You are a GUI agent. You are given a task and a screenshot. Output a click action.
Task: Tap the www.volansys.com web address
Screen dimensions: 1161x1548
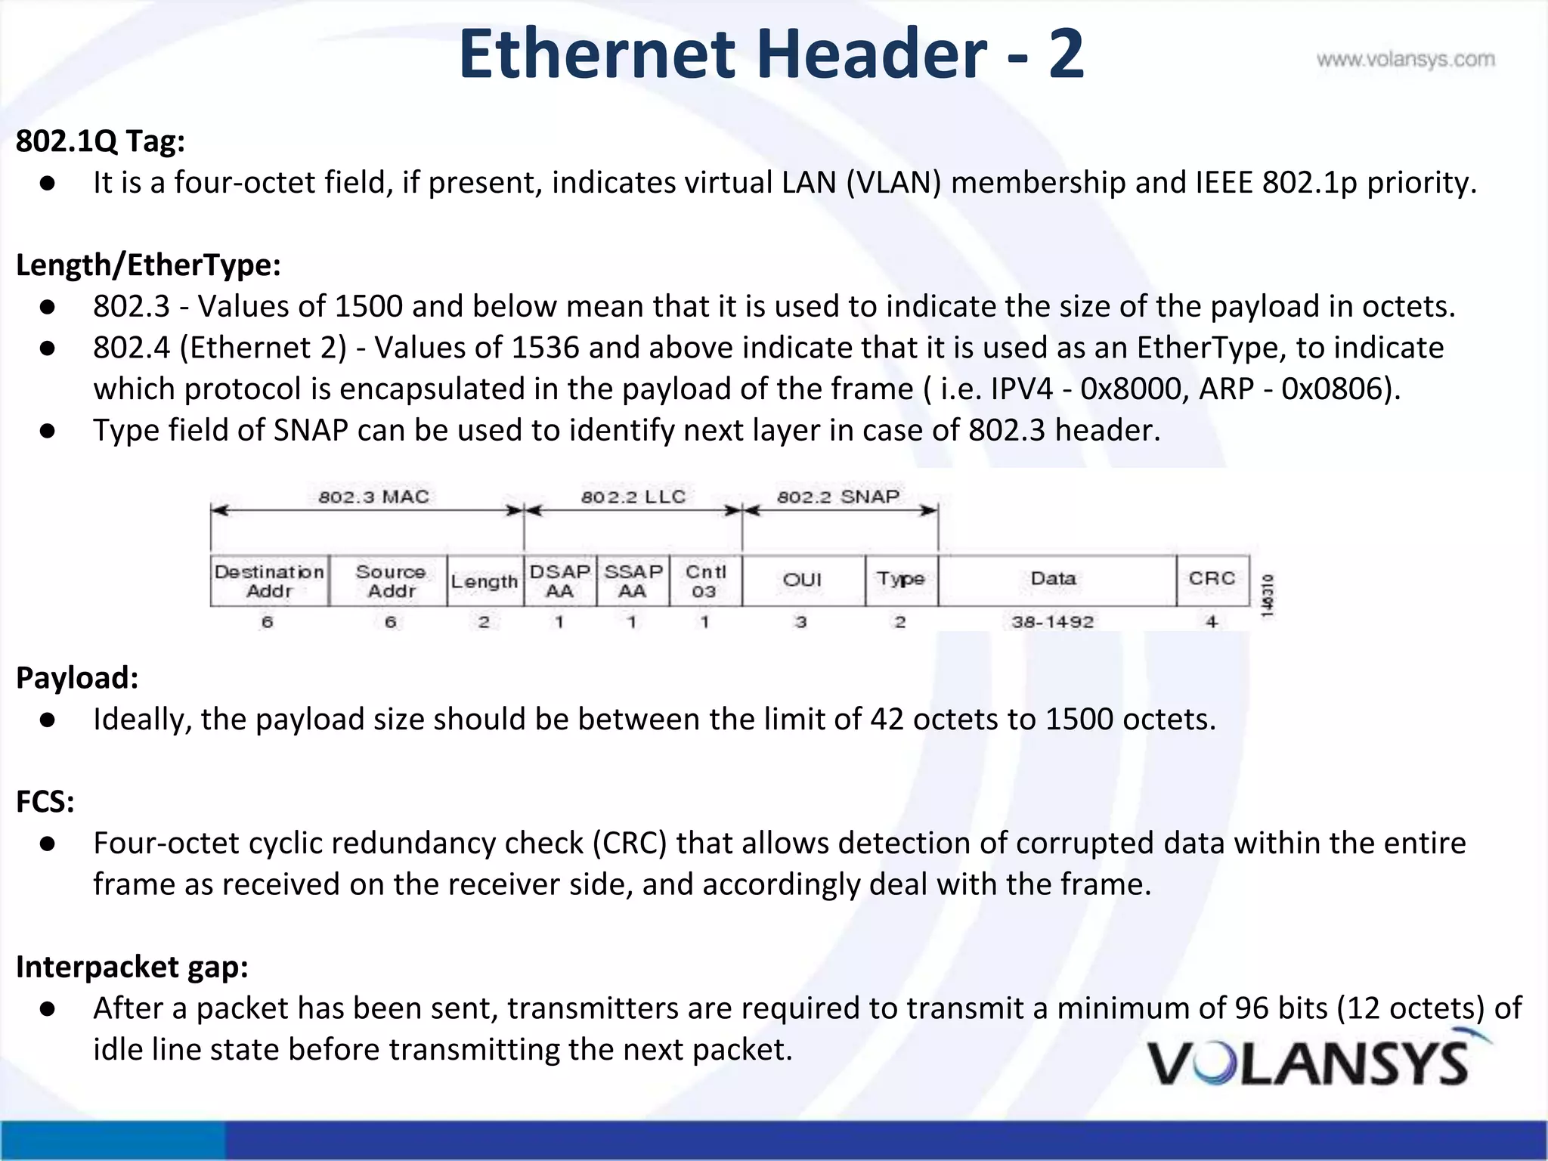coord(1405,60)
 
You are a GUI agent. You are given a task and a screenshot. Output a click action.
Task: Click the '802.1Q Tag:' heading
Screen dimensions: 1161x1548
coord(101,141)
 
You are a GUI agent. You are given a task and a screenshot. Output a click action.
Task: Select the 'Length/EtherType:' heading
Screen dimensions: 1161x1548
coord(148,265)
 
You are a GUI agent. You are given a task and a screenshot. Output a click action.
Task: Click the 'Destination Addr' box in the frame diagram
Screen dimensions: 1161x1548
coord(270,581)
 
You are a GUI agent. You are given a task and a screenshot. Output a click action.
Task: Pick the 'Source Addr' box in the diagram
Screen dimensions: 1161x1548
coord(389,581)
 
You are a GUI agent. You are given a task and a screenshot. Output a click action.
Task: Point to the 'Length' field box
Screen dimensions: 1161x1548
coord(485,581)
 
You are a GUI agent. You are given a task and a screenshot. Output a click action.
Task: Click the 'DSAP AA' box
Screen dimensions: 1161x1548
coord(559,581)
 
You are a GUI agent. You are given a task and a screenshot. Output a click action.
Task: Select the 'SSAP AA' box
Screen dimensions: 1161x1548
coord(633,581)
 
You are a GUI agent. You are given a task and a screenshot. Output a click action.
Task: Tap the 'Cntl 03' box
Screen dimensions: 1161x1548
coord(704,581)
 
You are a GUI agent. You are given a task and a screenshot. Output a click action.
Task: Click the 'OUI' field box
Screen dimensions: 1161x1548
coord(803,580)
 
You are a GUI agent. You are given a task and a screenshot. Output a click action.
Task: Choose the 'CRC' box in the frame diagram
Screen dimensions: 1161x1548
coord(1212,579)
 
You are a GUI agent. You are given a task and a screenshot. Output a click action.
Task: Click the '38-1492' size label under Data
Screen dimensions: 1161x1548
coord(1053,622)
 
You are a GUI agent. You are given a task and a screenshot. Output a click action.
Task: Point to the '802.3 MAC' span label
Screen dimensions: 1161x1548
coord(373,497)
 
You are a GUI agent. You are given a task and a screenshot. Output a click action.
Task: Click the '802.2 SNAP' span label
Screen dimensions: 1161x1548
coord(838,497)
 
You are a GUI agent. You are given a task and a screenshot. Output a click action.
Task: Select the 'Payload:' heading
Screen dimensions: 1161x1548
coord(77,678)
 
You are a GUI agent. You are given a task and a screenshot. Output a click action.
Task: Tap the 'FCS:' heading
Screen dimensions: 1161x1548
coord(45,802)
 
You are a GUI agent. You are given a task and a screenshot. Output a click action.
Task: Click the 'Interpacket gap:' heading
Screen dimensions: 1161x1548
coord(132,967)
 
